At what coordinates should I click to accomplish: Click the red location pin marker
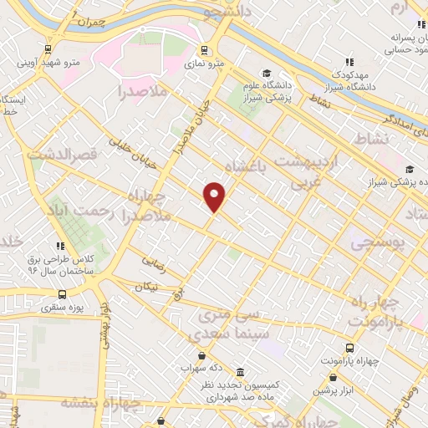click(x=215, y=196)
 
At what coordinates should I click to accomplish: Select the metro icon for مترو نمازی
click(x=206, y=49)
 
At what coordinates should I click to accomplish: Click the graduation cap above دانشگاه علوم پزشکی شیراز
click(x=267, y=74)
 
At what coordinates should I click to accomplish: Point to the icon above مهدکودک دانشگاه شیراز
click(x=349, y=61)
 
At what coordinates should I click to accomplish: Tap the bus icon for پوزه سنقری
click(x=63, y=294)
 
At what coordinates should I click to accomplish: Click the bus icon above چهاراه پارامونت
click(x=349, y=348)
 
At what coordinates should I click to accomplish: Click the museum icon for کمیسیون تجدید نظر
click(x=240, y=372)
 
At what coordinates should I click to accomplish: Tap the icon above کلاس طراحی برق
click(x=60, y=246)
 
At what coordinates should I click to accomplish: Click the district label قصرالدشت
click(x=63, y=155)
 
